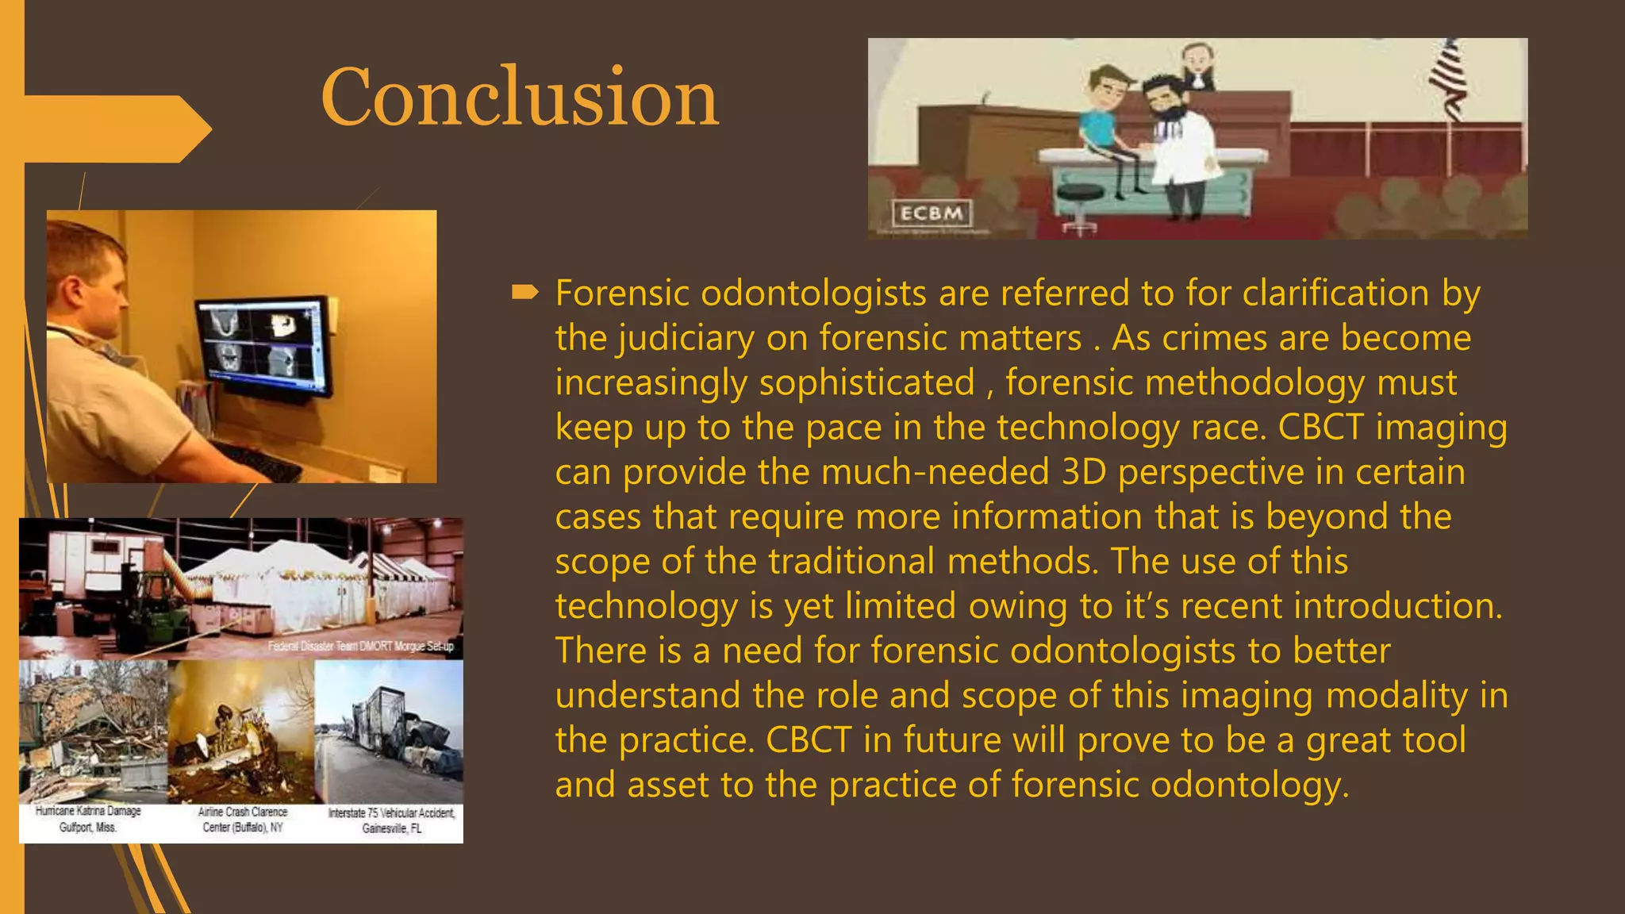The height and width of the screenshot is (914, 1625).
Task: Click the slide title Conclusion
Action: pyautogui.click(x=520, y=97)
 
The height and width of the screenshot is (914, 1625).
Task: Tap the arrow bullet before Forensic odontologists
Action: pyautogui.click(x=525, y=294)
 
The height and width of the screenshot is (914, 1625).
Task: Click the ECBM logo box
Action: pyautogui.click(x=932, y=213)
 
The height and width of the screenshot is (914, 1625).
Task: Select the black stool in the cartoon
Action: pyautogui.click(x=1080, y=197)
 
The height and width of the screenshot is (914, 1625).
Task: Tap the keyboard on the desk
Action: pyautogui.click(x=254, y=460)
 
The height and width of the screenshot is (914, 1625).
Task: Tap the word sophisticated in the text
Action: pyautogui.click(x=866, y=383)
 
